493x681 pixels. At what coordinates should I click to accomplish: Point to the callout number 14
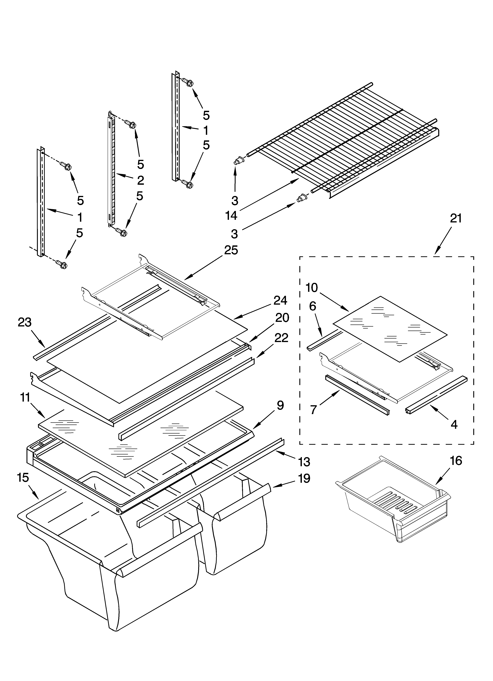(x=231, y=216)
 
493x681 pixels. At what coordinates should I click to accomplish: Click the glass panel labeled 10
(x=390, y=327)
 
